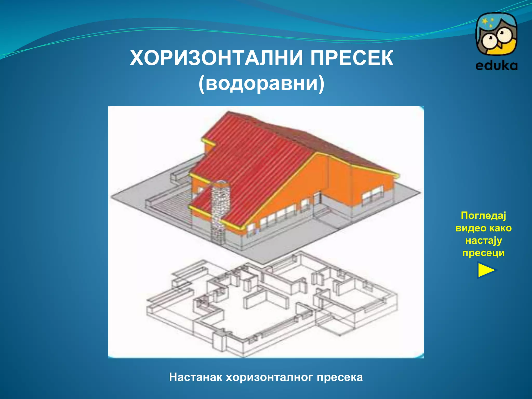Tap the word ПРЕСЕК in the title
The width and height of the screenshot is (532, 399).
click(x=352, y=58)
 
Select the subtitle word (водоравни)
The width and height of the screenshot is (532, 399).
click(x=261, y=83)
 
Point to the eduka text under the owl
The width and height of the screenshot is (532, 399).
click(x=496, y=66)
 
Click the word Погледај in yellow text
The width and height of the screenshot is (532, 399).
click(x=483, y=216)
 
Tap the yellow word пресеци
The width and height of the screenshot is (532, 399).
click(x=483, y=253)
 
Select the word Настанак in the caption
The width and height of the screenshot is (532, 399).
click(x=195, y=377)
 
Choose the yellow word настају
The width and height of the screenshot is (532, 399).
click(x=483, y=241)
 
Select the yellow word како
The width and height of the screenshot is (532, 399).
click(x=500, y=228)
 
